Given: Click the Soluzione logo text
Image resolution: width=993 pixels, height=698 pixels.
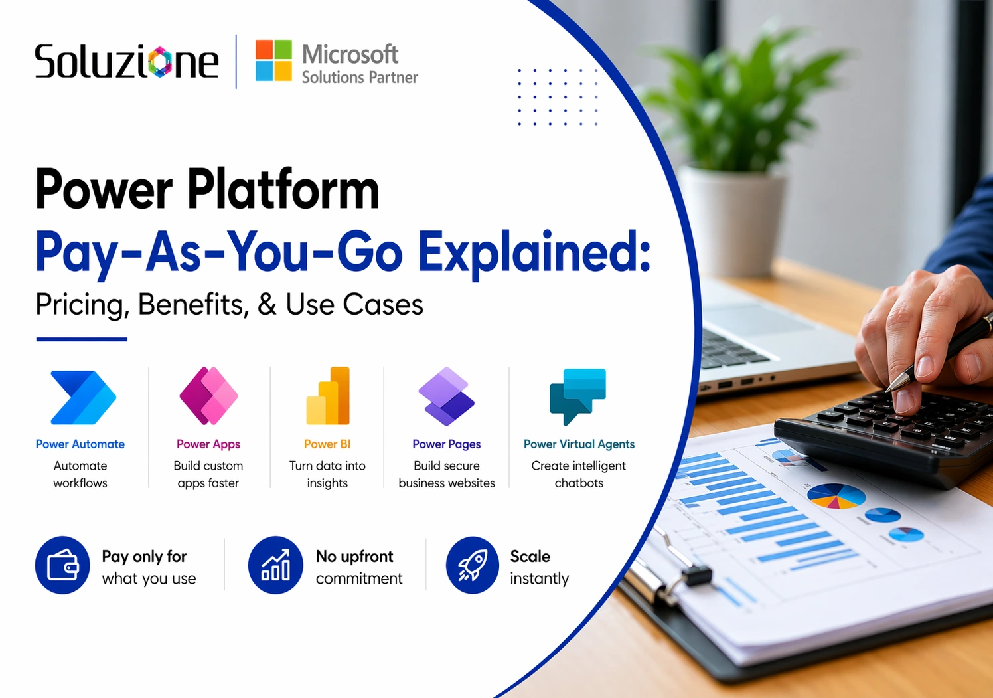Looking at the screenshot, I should tap(126, 62).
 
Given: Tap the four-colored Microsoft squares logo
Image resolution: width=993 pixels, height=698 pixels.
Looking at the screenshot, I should tap(273, 60).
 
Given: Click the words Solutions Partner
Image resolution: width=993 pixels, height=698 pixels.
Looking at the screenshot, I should tap(360, 78).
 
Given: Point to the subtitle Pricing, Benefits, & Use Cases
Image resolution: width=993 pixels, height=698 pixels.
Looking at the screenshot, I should tap(229, 305).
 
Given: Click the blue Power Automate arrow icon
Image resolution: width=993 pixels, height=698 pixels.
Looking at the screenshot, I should tap(83, 397).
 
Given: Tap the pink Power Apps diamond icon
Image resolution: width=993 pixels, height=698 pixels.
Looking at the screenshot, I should tap(208, 396).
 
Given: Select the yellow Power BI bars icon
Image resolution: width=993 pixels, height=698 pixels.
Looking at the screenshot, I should tap(328, 396).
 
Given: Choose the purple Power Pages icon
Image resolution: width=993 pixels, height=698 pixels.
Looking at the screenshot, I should tap(446, 396).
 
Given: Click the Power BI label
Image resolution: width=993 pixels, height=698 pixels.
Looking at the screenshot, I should tap(327, 444).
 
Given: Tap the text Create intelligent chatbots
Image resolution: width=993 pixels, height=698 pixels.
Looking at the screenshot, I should tap(579, 474).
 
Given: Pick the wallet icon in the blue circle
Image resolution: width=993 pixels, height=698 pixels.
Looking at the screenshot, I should tap(62, 565).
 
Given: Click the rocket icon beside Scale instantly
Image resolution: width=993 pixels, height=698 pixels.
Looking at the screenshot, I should tap(472, 565).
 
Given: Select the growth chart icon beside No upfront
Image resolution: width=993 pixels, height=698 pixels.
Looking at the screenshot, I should tap(275, 565).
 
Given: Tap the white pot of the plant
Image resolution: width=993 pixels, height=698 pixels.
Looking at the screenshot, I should tap(733, 219).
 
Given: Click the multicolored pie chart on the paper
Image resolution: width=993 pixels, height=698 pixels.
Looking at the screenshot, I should tap(836, 495).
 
